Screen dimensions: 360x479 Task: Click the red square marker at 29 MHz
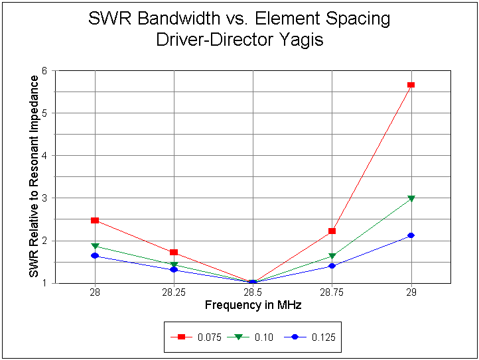[411, 85]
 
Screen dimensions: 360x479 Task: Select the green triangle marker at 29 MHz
[411, 198]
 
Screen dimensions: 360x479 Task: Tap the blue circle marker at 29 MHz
[411, 235]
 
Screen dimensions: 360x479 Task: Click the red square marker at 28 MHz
[95, 220]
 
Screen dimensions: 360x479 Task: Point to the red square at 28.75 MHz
[332, 231]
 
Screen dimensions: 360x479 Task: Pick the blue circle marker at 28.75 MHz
[332, 266]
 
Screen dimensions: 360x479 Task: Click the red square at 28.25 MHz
[174, 253]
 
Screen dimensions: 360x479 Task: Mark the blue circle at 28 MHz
[95, 255]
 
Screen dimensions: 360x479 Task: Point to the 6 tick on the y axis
[52, 70]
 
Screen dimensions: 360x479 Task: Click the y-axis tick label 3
[52, 198]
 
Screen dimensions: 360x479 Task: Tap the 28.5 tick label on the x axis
[253, 292]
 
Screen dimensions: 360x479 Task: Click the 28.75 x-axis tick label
[332, 292]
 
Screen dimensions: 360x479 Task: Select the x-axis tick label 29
[411, 292]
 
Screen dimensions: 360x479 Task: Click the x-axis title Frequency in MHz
[253, 305]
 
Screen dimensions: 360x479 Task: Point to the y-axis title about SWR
[34, 176]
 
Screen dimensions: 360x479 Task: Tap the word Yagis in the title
[302, 39]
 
